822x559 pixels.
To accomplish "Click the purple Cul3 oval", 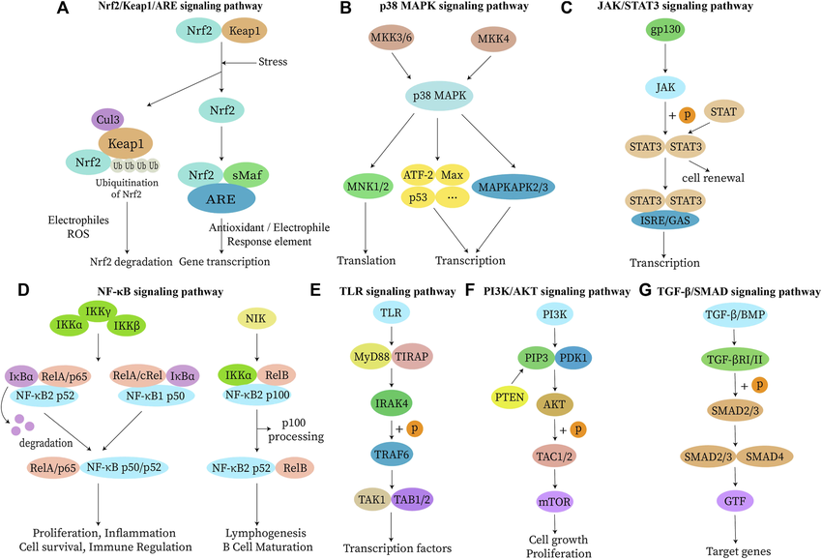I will point(105,120).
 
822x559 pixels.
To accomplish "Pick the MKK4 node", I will point(493,41).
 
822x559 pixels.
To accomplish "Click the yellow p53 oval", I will point(419,196).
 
